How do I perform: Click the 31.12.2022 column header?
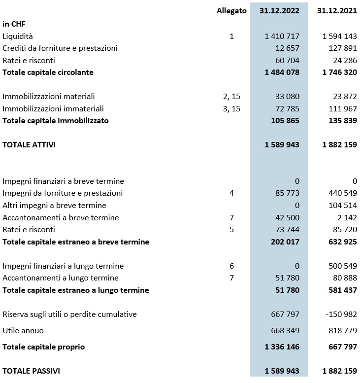[279, 11]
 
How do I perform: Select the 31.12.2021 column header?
[337, 11]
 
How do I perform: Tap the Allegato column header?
[231, 11]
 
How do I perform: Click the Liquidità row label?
[18, 36]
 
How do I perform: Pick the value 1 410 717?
[282, 36]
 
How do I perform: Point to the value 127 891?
[343, 48]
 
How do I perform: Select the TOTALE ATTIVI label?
[29, 145]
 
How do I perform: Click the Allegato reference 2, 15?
[231, 97]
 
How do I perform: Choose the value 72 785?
[285, 108]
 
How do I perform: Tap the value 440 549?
[343, 193]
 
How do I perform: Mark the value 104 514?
[343, 205]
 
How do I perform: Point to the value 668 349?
[285, 330]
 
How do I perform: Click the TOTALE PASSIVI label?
[31, 371]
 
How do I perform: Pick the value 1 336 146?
[282, 347]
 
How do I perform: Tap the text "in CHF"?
[14, 24]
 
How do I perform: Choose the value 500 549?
[343, 266]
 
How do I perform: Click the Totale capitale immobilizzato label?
[56, 121]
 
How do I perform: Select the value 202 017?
[285, 242]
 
